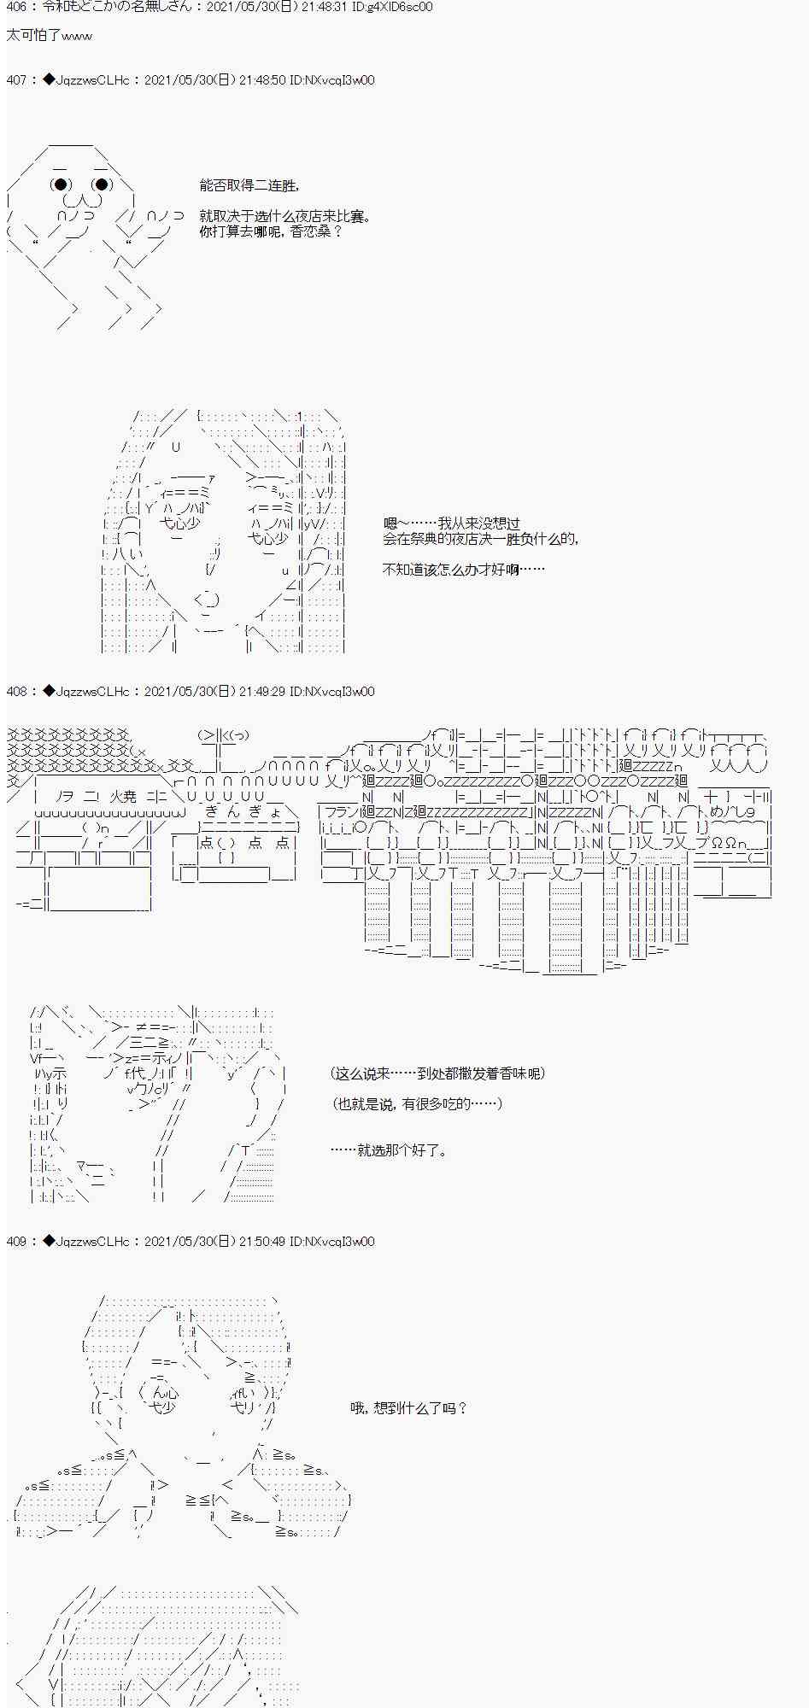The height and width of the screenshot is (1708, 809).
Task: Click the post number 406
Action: pos(17,8)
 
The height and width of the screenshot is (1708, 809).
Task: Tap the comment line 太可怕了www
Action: pos(49,36)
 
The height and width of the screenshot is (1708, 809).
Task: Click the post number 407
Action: pos(17,80)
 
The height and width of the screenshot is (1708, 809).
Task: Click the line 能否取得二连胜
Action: pos(249,186)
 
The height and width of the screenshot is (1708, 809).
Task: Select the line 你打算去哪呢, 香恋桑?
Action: pos(271,231)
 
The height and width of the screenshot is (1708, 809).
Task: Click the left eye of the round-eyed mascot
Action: pos(60,184)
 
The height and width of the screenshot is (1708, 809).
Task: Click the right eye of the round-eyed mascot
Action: pos(103,184)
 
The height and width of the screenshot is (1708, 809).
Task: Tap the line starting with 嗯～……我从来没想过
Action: pos(451,524)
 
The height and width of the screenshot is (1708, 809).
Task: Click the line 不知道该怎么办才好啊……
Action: pos(463,569)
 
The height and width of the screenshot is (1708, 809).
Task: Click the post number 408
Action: pos(17,692)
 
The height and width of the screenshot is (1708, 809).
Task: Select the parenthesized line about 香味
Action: pos(437,1073)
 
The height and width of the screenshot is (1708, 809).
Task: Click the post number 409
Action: pos(17,1242)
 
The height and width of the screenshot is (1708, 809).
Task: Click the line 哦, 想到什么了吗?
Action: pos(409,1408)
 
